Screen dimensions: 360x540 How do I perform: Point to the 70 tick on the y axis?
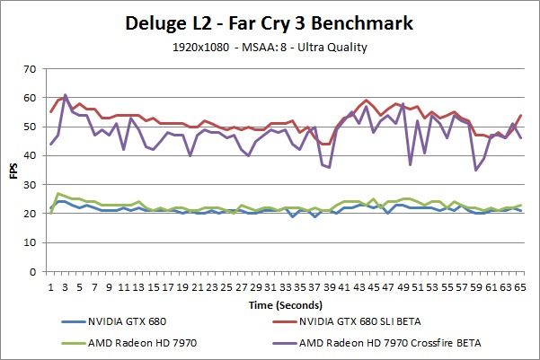[32, 69]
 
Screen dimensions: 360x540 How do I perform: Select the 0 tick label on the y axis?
[35, 271]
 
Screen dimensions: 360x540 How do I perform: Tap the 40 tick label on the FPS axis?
[32, 155]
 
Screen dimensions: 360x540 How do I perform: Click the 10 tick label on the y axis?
[32, 242]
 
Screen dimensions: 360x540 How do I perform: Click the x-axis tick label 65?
[519, 285]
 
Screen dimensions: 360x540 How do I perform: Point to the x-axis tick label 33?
[286, 285]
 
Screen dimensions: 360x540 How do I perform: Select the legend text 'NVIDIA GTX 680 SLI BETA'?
[373, 320]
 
